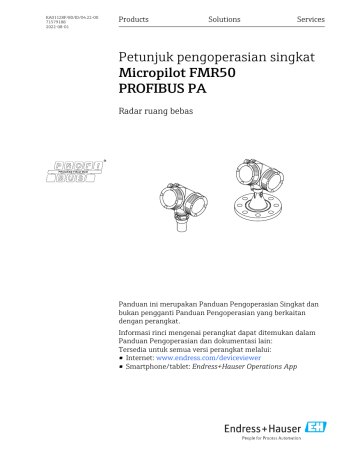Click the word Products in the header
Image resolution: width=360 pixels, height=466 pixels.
point(133,20)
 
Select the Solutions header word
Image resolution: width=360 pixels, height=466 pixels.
point(224,20)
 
